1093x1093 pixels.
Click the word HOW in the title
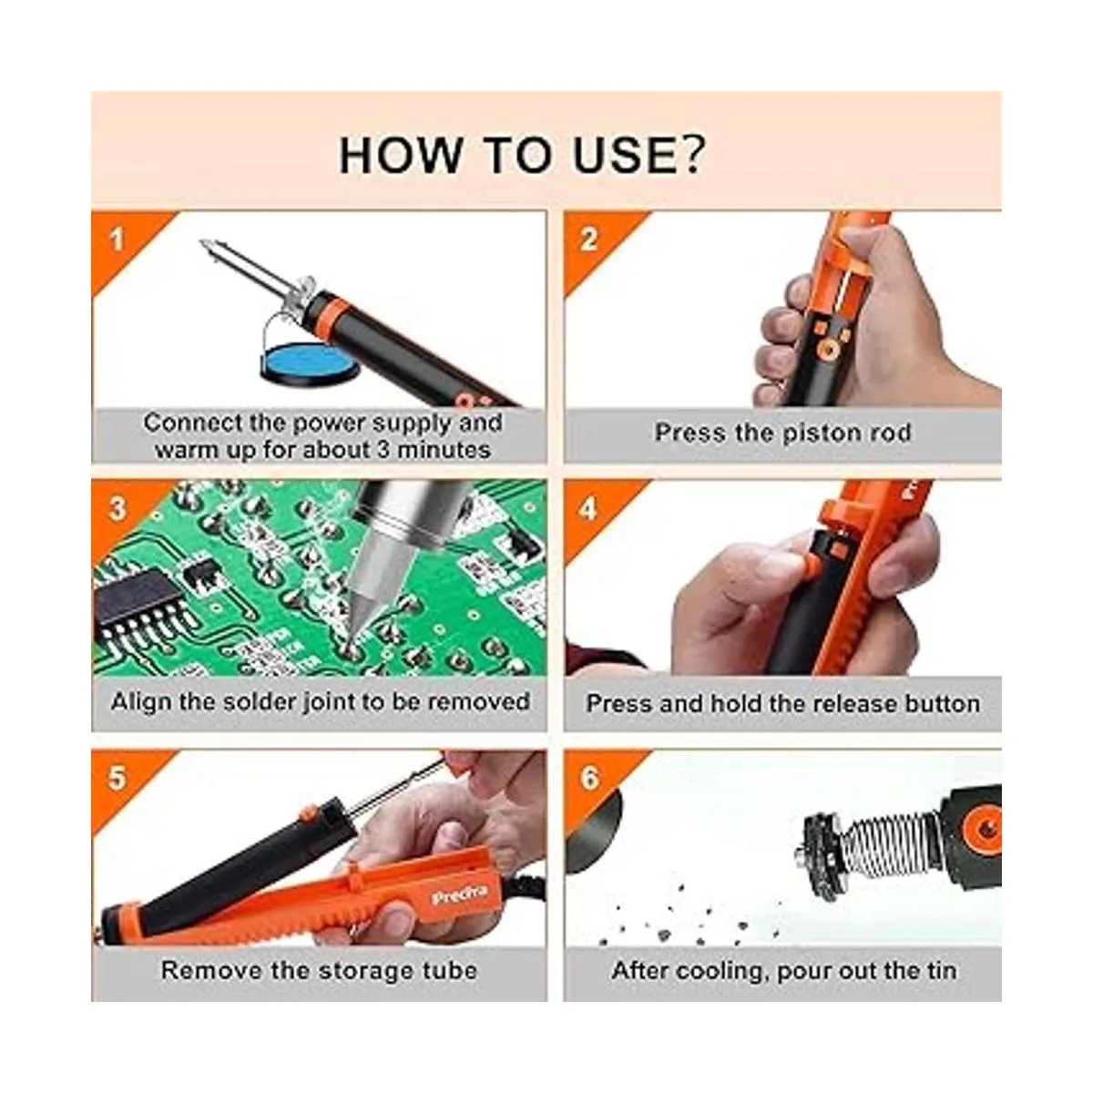coord(401,155)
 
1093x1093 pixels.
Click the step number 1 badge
coord(117,240)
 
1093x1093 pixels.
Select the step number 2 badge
coord(588,240)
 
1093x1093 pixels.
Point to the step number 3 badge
coord(117,509)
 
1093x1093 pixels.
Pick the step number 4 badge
coord(588,509)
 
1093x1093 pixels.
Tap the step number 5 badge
coord(117,778)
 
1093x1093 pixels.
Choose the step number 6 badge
coord(589,778)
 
